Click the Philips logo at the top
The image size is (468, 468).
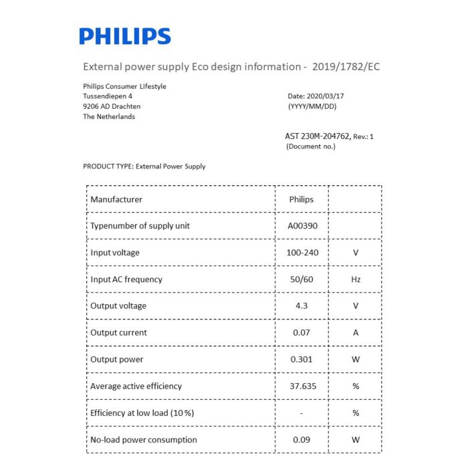[x=125, y=36]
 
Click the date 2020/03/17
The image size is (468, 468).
[x=326, y=96]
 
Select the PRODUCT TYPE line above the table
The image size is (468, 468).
[x=144, y=166]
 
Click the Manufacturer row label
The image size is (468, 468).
[x=116, y=199]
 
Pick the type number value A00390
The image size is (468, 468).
[x=302, y=226]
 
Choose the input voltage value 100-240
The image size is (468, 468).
[x=302, y=253]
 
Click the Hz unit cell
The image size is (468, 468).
[x=356, y=279]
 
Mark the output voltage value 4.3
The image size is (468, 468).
[x=302, y=306]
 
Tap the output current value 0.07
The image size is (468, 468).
[x=302, y=332]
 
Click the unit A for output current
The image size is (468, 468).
[x=356, y=332]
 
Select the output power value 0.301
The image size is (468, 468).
[x=302, y=359]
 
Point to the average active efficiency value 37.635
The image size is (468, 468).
[x=302, y=386]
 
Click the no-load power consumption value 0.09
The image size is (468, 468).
[x=302, y=439]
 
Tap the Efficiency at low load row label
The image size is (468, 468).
[x=142, y=413]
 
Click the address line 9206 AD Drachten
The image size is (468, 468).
[x=112, y=106]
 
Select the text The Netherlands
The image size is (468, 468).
[x=109, y=116]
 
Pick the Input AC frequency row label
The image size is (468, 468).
[x=126, y=279]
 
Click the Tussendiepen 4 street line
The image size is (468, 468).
[x=107, y=96]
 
